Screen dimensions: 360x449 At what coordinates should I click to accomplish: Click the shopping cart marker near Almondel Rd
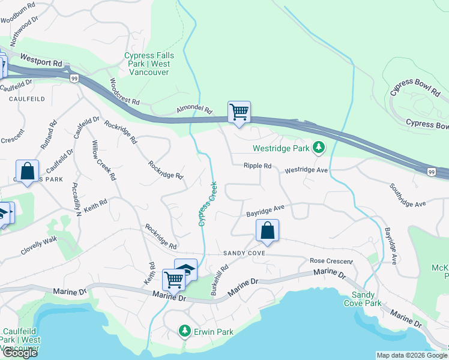(x=239, y=112)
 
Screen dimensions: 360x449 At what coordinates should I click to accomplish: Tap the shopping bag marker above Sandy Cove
(x=267, y=230)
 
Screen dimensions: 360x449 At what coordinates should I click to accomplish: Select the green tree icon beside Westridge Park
(x=319, y=147)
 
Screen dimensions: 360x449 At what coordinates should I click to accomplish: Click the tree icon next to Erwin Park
(x=184, y=331)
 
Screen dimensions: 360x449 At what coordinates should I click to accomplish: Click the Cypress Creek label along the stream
(x=206, y=203)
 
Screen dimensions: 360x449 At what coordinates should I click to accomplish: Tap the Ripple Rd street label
(x=258, y=166)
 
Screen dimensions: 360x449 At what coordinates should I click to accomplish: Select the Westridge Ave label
(x=306, y=170)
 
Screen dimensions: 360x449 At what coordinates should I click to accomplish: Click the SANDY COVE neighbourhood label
(x=244, y=253)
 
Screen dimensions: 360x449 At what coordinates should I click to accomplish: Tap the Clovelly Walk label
(x=38, y=246)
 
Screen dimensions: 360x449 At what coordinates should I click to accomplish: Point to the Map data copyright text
(x=411, y=355)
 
